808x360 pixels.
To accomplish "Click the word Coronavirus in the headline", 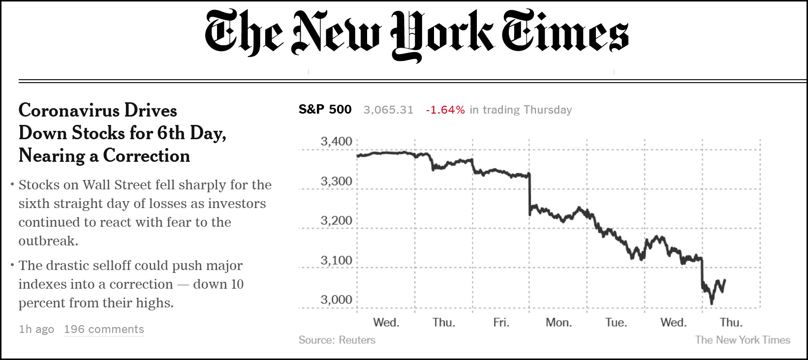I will (x=71, y=110).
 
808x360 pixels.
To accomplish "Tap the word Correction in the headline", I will (x=146, y=156).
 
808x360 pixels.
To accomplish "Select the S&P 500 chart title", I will (x=325, y=109).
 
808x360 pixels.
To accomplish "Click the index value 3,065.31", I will (x=388, y=110).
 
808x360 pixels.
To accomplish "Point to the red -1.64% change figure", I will (x=445, y=110).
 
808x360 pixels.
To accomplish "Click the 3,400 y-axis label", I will (x=337, y=142).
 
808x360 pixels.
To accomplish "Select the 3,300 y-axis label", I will (x=337, y=181).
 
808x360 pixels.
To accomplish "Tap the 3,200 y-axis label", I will (x=337, y=221).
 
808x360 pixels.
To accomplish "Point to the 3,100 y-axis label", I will (x=337, y=260).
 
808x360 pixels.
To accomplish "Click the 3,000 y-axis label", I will (x=337, y=300).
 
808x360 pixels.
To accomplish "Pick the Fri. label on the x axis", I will (x=501, y=323).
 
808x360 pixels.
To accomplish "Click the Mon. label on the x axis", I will (x=559, y=323).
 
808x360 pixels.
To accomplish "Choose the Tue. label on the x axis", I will (x=616, y=323).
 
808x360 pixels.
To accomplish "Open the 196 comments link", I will (x=104, y=330).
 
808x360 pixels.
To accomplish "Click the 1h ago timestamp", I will (x=36, y=330).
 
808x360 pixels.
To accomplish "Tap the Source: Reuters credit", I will (x=337, y=340).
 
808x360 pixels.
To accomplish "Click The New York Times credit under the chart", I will (x=742, y=340).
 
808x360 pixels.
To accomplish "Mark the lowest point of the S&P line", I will (x=712, y=303).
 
